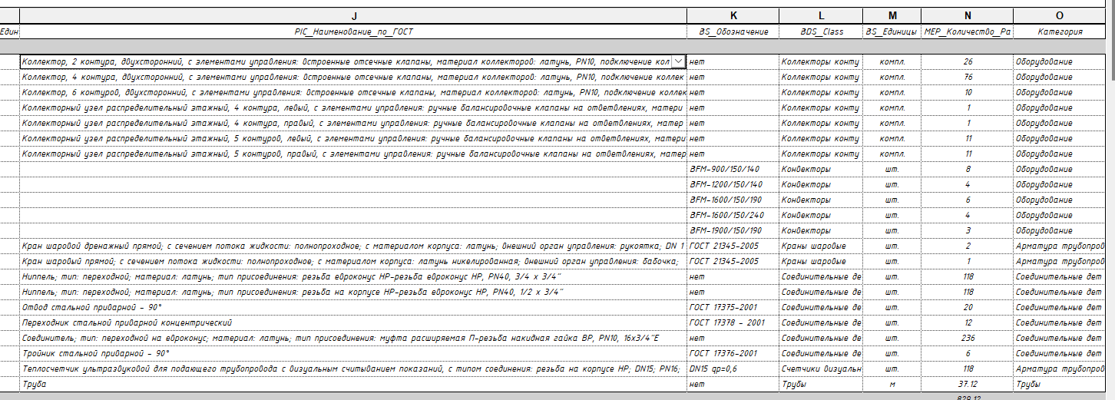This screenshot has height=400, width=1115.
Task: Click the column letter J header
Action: [x=353, y=16]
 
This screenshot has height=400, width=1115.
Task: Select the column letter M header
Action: [x=892, y=16]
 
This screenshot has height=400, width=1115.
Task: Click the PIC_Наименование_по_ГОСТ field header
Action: [x=353, y=31]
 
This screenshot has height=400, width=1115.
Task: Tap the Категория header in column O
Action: [x=1060, y=31]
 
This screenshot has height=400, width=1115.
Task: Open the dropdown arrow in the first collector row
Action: [x=678, y=61]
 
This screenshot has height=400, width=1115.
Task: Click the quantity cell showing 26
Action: [x=968, y=61]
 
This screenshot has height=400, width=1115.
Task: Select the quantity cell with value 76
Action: [x=968, y=77]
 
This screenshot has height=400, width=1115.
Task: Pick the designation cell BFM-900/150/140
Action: [x=725, y=169]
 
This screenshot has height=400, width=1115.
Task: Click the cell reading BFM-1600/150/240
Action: [x=726, y=215]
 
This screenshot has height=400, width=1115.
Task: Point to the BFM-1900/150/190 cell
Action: [x=726, y=230]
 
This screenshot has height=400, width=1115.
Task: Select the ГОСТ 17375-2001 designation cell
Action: [x=724, y=307]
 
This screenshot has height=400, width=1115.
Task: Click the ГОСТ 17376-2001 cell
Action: [x=724, y=353]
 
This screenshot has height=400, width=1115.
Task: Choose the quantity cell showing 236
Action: [x=968, y=338]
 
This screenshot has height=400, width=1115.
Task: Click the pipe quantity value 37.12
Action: [x=968, y=384]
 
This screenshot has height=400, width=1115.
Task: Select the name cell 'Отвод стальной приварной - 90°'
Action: [x=91, y=307]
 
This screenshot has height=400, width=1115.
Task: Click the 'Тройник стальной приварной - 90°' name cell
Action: [x=96, y=353]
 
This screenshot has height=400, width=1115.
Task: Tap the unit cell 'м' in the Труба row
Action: [x=892, y=384]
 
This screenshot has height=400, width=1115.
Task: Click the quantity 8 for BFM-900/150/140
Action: [x=968, y=169]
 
